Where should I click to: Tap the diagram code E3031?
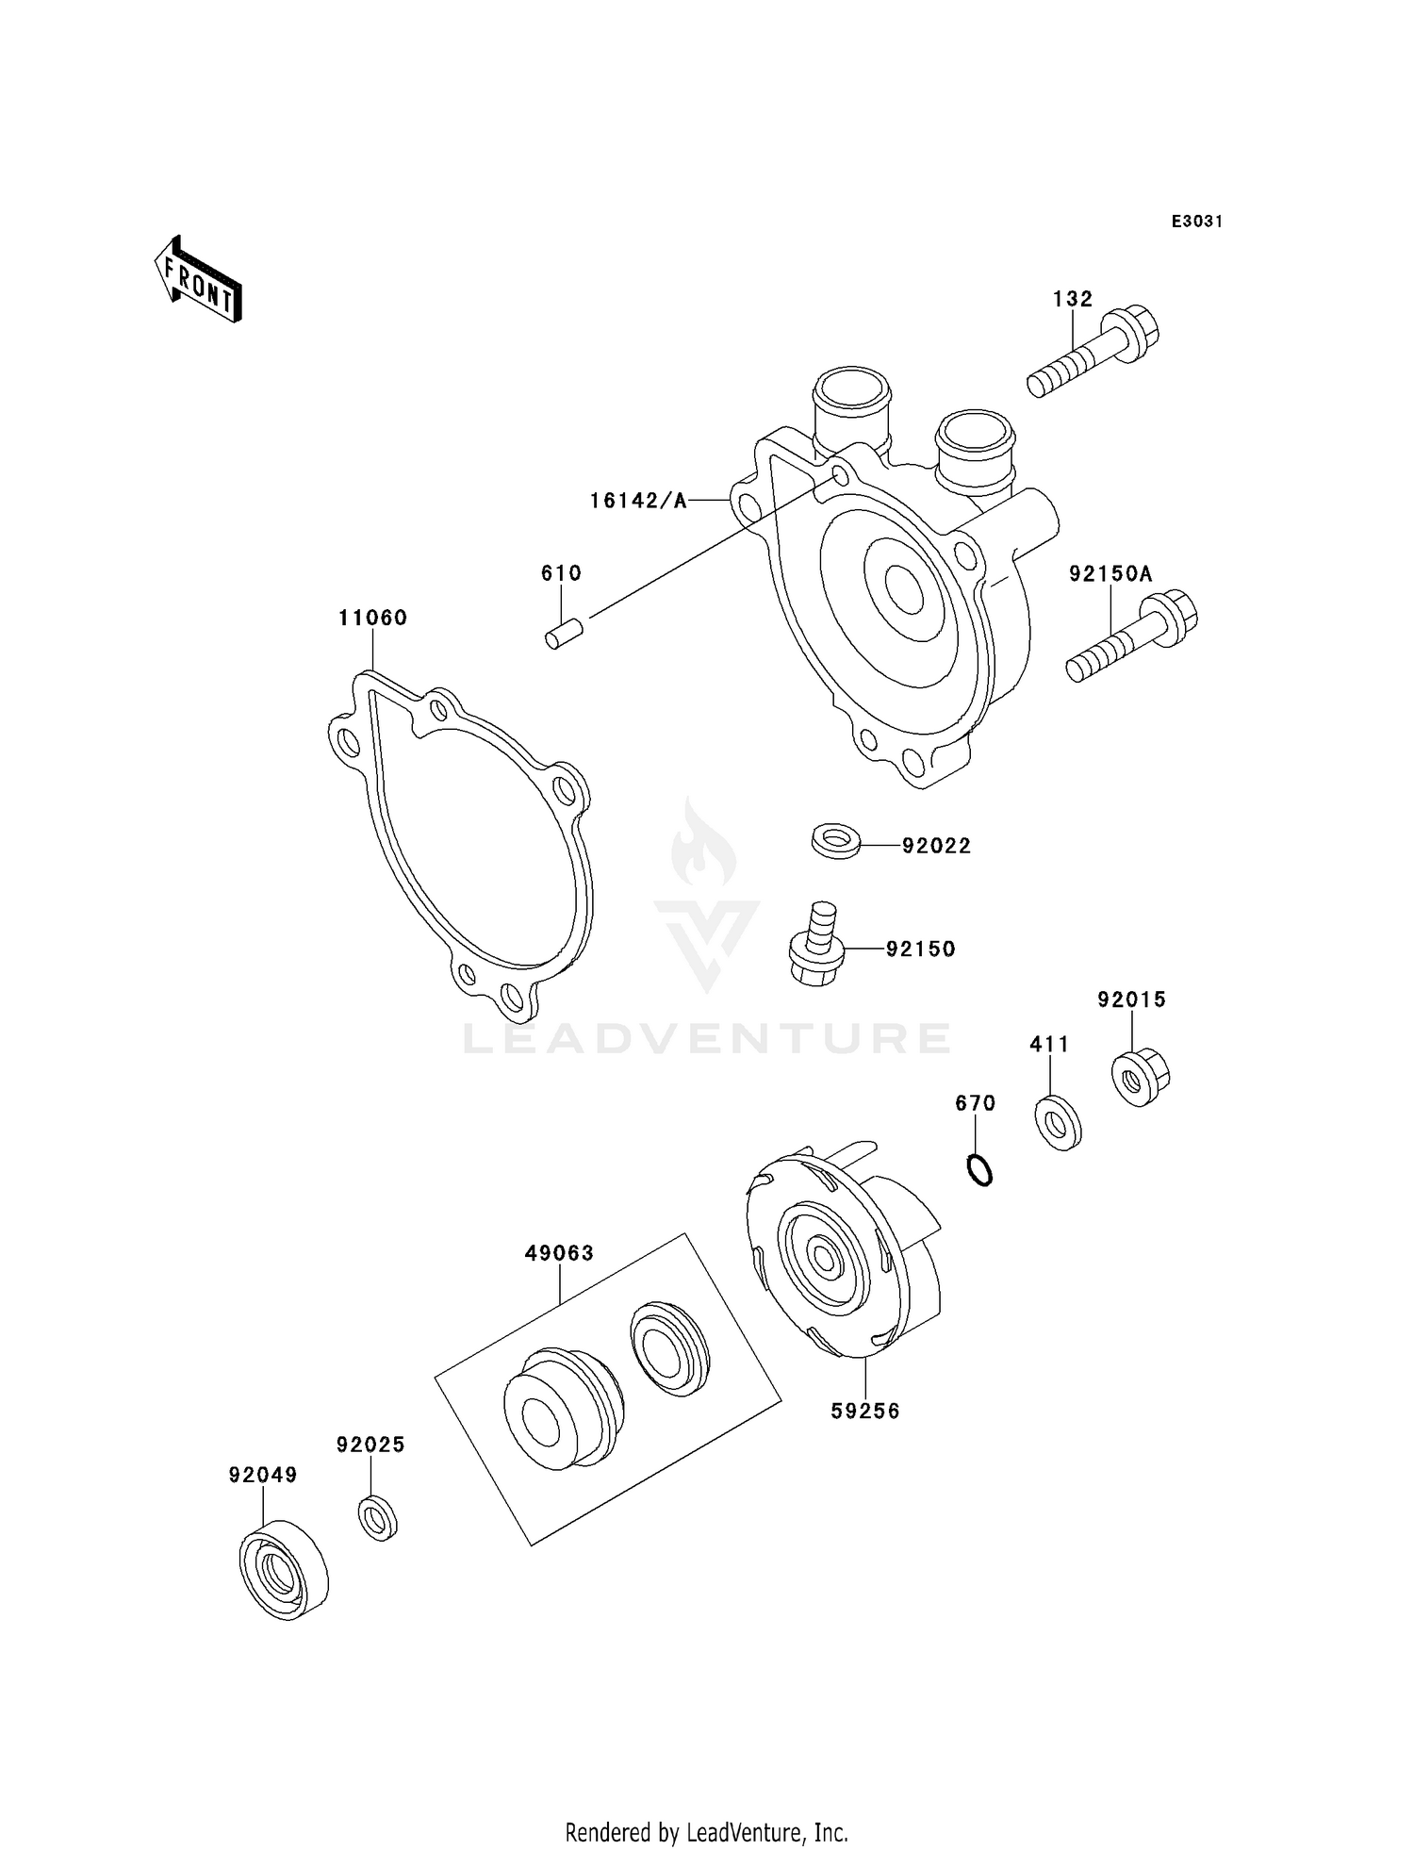coord(1196,222)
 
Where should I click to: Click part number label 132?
coord(1073,299)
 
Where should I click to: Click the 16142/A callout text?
coord(638,501)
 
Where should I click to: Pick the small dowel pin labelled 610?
coord(564,633)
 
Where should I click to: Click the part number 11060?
coord(372,618)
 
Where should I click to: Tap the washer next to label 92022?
coord(835,838)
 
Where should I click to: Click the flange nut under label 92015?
coord(1140,1076)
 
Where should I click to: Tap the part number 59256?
coord(864,1411)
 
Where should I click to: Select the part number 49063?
coord(559,1253)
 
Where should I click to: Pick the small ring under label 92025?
coord(377,1517)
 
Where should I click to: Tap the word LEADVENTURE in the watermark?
coord(706,1039)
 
